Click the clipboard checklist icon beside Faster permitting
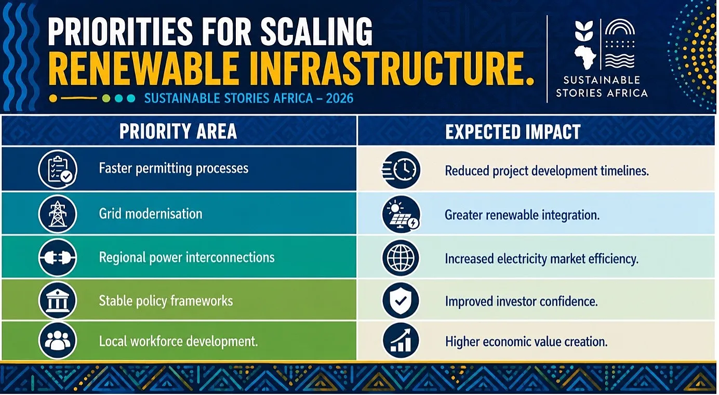[58, 169]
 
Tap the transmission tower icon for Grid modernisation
[58, 214]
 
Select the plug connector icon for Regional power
[58, 257]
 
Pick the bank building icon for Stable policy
[58, 300]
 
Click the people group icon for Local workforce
[58, 340]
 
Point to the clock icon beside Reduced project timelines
[401, 169]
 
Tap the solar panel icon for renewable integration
[401, 214]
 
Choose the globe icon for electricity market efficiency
[401, 258]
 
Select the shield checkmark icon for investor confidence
[401, 300]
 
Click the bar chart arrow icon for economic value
[401, 341]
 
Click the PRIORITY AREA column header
[178, 131]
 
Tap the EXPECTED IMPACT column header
[513, 131]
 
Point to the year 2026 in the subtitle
[340, 98]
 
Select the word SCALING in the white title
[316, 32]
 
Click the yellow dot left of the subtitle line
[54, 98]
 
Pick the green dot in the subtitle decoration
[106, 98]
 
